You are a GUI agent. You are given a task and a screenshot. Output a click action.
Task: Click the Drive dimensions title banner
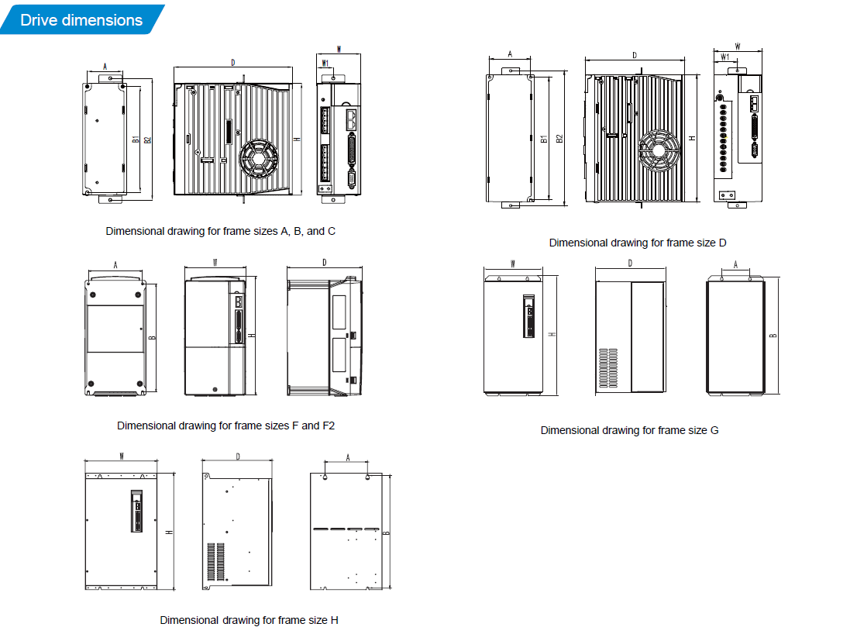pyautogui.click(x=81, y=19)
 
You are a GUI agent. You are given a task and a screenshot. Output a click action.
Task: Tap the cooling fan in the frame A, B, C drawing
pyautogui.click(x=259, y=159)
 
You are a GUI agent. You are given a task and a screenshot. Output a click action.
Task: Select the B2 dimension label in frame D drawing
pyautogui.click(x=559, y=139)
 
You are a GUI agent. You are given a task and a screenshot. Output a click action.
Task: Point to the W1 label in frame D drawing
pyautogui.click(x=724, y=57)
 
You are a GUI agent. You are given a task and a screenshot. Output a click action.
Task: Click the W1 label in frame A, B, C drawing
pyautogui.click(x=325, y=64)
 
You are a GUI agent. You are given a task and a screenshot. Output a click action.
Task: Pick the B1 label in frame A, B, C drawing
pyautogui.click(x=136, y=140)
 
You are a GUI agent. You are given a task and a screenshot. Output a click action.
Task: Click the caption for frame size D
pyautogui.click(x=638, y=243)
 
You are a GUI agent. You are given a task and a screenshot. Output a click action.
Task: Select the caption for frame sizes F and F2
pyautogui.click(x=226, y=426)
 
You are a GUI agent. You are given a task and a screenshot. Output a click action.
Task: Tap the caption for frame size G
pyautogui.click(x=629, y=430)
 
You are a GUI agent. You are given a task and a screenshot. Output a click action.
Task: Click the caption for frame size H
pyautogui.click(x=249, y=620)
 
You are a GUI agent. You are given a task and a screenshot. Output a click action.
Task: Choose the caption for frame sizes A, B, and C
pyautogui.click(x=221, y=231)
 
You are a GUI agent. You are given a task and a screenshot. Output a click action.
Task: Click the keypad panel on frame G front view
pyautogui.click(x=528, y=316)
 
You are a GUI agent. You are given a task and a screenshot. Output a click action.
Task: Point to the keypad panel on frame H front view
pyautogui.click(x=136, y=511)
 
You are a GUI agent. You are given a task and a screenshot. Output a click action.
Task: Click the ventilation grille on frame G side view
pyautogui.click(x=607, y=367)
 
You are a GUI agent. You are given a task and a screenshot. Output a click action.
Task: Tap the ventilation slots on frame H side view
pyautogui.click(x=215, y=561)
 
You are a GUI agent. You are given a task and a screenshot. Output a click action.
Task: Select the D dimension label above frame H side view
pyautogui.click(x=237, y=457)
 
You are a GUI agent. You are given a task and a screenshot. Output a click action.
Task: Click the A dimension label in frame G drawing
pyautogui.click(x=735, y=264)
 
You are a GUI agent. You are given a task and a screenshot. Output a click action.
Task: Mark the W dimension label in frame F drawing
pyautogui.click(x=215, y=263)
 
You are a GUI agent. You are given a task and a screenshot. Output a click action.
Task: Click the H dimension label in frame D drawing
pyautogui.click(x=692, y=139)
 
